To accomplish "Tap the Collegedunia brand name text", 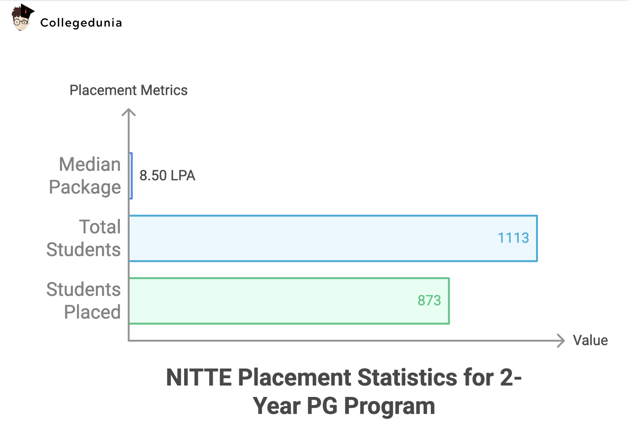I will point(81,23).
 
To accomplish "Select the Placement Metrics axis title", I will point(128,90).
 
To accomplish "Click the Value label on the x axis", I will point(590,340).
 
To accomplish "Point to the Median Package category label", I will point(85,176).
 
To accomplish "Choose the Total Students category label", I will point(84,238).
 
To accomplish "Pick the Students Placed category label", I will point(84,301).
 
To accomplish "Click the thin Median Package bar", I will point(131,176).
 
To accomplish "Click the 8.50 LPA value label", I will point(167,176).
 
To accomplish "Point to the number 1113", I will point(513,238).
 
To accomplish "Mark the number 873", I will point(429,301).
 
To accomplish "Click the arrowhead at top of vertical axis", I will point(129,112).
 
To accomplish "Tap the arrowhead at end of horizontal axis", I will point(560,340).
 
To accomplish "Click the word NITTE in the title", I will point(199,378).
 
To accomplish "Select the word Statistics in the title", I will point(407,378).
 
